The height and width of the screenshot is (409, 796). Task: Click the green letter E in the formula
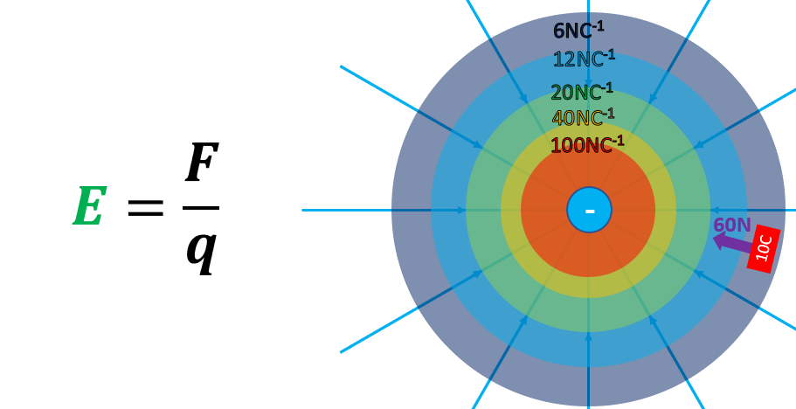(x=89, y=207)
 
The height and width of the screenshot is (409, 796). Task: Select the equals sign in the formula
(x=145, y=208)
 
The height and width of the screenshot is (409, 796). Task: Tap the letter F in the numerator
(x=201, y=163)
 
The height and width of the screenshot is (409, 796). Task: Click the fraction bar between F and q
(x=201, y=208)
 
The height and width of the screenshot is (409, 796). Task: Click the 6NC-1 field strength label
(x=578, y=31)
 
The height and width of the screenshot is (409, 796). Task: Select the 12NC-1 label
(x=583, y=59)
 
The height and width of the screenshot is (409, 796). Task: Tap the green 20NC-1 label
(x=581, y=92)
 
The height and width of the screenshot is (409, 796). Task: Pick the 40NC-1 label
(x=583, y=117)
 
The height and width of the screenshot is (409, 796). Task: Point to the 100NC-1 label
(x=586, y=144)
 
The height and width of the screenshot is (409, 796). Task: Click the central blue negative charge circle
(x=589, y=210)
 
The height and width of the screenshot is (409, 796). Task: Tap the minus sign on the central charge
(x=590, y=211)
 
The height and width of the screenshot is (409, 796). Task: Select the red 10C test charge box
(x=764, y=249)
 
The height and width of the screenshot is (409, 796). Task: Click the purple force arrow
(x=732, y=242)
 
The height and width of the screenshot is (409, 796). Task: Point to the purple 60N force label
(x=731, y=225)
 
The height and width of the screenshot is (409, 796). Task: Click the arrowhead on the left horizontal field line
(x=461, y=210)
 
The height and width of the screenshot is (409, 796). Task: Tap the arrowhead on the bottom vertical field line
(x=588, y=336)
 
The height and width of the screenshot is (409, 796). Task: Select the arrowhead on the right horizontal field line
(x=715, y=210)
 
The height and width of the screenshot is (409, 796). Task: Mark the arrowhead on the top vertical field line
(x=588, y=85)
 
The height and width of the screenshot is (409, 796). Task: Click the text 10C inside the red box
(x=764, y=248)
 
